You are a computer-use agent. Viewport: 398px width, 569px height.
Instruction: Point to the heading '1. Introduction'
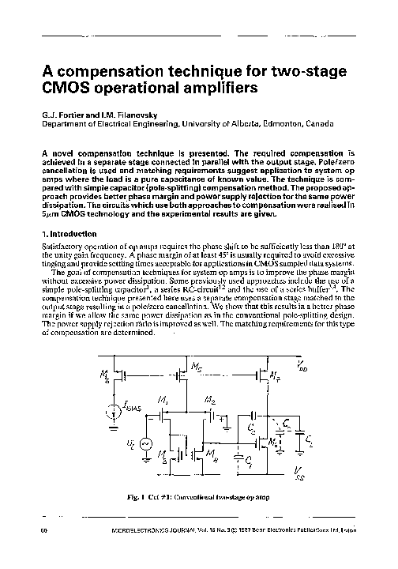click(x=68, y=234)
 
